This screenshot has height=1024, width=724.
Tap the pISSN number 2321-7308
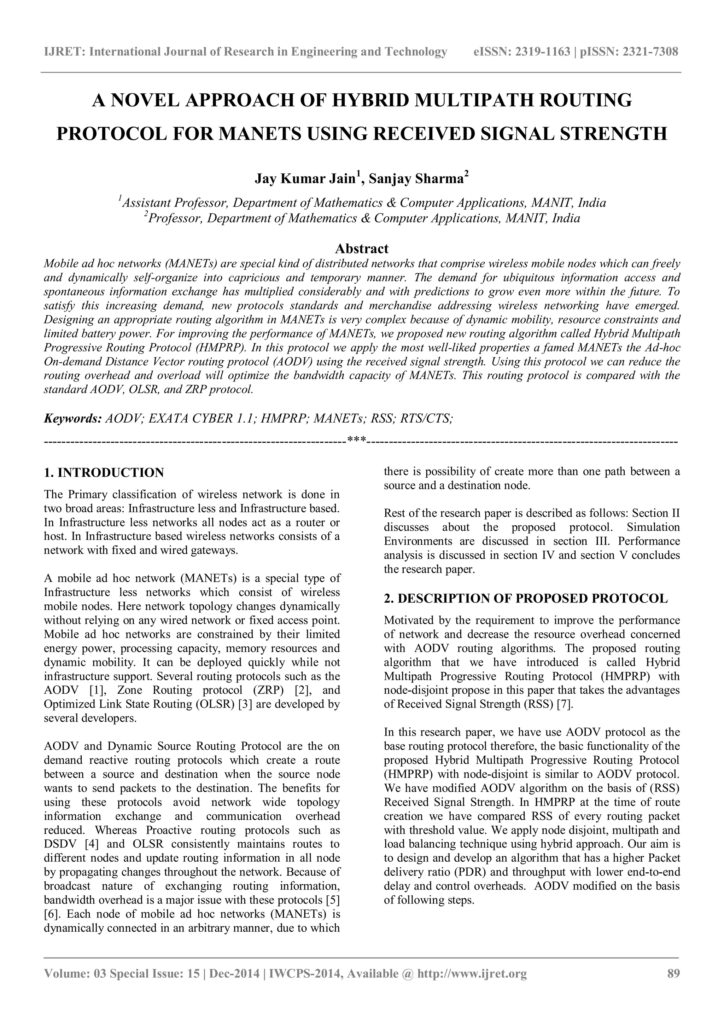(650, 52)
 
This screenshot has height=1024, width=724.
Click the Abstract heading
(362, 249)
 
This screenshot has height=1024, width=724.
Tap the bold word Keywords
(72, 418)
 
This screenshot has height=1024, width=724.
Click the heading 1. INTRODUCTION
(104, 472)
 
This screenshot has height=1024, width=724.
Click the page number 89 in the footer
(673, 986)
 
